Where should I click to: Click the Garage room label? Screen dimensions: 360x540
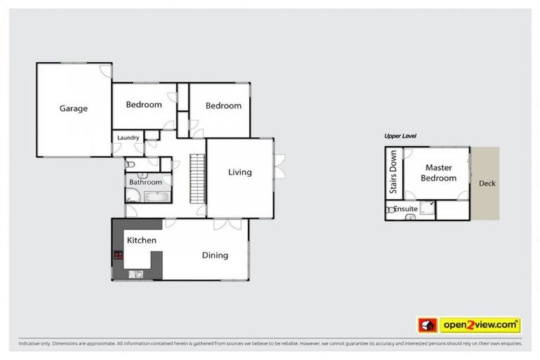point(73,108)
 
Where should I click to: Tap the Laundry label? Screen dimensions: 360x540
point(128,138)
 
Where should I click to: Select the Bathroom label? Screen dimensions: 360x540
point(145,182)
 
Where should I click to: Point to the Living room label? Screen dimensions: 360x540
point(240,172)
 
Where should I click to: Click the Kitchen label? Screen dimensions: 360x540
point(141,240)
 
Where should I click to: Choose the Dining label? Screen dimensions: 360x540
point(215,255)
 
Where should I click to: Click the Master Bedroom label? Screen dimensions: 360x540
point(439,173)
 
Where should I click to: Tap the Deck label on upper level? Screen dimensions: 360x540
point(487,184)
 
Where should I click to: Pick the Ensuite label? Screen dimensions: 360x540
point(406,209)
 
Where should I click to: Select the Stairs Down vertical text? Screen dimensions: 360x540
point(394,172)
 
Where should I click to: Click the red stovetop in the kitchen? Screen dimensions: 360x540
point(117,255)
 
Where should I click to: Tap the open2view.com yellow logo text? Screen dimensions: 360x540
point(480,326)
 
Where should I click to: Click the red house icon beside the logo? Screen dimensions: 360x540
point(427,326)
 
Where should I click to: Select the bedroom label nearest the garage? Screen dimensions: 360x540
point(143,105)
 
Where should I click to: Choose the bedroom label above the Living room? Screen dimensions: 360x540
point(223,105)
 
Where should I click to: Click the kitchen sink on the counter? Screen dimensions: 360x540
point(136,274)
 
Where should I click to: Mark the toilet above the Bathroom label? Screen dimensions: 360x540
point(131,165)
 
